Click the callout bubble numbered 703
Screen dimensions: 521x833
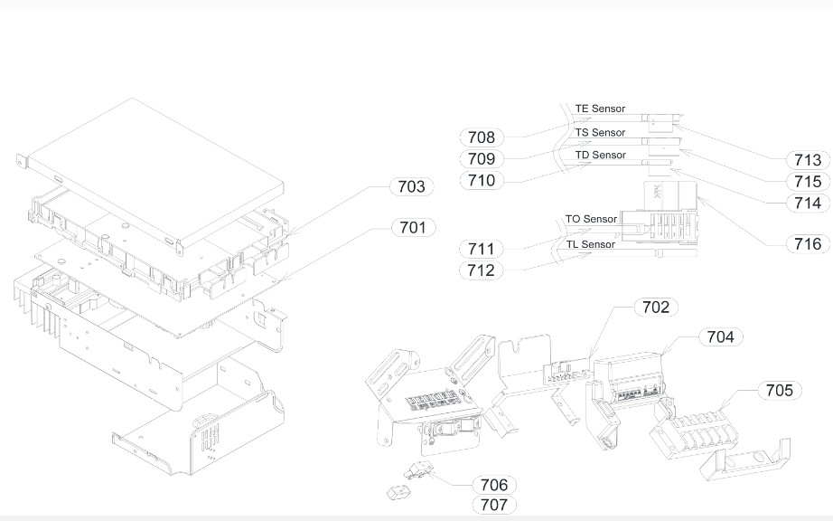click(411, 187)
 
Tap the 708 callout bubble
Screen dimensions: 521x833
click(482, 137)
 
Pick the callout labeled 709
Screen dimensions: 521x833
click(482, 159)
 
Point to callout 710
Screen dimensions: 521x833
click(482, 180)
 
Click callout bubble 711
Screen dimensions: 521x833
click(482, 249)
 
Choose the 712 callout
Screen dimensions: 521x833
click(482, 270)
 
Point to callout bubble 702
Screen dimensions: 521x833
click(655, 308)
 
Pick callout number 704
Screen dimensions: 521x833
click(720, 336)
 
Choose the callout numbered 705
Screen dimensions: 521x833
click(778, 390)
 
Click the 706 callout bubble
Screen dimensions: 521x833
click(493, 486)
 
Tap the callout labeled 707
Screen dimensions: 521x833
click(493, 505)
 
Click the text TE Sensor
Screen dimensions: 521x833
click(600, 109)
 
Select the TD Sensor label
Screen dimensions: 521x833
click(600, 156)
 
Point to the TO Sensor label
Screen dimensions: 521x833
click(591, 219)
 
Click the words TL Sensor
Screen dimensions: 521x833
click(590, 244)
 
